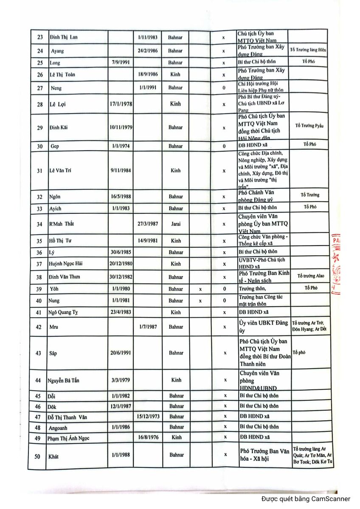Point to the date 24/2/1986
coord(148,51)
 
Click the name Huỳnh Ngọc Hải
coord(66,264)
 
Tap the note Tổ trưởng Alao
coord(310,276)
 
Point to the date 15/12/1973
coord(148,417)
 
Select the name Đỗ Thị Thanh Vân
coord(68,417)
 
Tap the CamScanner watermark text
coord(306,499)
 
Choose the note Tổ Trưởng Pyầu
coord(309,126)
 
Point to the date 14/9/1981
coord(148,241)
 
